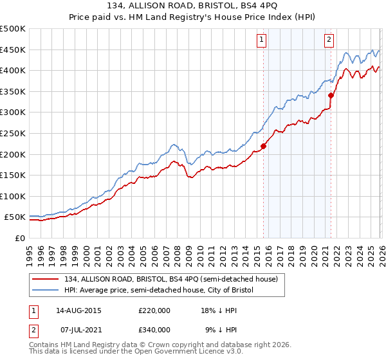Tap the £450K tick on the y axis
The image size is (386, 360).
tap(13, 50)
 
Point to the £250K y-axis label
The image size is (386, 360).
tap(13, 134)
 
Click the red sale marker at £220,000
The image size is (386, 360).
tap(263, 146)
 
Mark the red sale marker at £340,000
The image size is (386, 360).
tap(331, 95)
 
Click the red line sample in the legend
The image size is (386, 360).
tap(46, 280)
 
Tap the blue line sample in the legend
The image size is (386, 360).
tap(46, 291)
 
